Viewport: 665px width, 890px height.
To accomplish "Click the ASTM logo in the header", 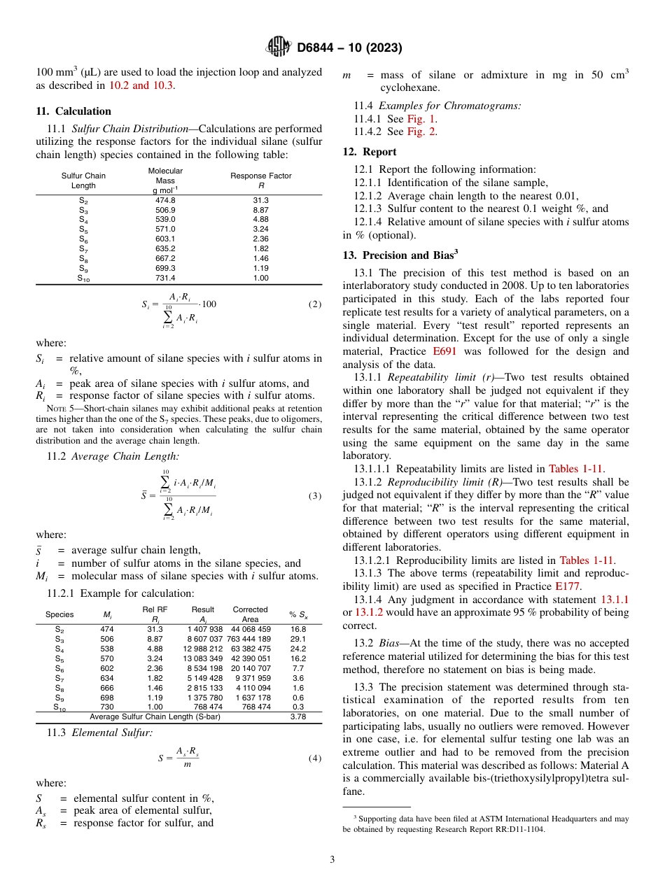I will coord(278,48).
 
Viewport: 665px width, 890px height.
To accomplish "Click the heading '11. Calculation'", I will coord(73,111).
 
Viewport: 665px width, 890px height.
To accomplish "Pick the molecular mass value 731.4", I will coord(165,278).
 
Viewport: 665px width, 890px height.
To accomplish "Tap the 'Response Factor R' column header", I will coord(261,180).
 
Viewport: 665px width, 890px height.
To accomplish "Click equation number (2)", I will coord(315,304).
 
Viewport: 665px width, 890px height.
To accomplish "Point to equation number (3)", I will coord(315,496).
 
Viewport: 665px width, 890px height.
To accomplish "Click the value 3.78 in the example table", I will coord(297,716).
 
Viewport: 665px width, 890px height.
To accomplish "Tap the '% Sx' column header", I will coord(297,614).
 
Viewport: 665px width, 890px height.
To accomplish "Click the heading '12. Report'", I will coord(370,151).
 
